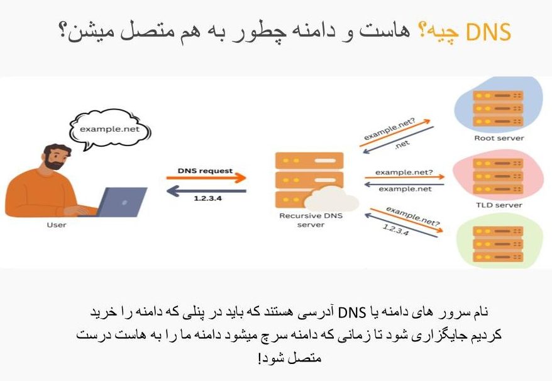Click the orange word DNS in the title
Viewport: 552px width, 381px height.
[492, 31]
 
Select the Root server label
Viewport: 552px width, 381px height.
[499, 138]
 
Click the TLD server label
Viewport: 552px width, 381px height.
[499, 205]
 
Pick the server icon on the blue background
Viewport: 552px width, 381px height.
[499, 108]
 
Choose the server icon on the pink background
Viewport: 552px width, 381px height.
[499, 176]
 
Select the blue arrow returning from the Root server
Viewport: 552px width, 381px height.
[396, 140]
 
